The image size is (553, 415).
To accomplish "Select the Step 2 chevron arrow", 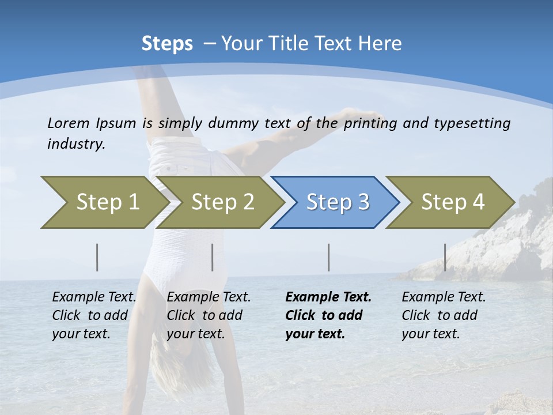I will [222, 202].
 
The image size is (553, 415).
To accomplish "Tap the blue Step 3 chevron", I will [337, 202].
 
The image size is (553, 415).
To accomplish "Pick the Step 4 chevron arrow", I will [452, 202].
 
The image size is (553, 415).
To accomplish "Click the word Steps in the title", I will [167, 44].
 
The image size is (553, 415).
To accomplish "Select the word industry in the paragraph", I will [76, 144].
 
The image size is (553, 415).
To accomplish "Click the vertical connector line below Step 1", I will [97, 257].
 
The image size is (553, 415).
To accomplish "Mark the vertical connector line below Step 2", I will [213, 257].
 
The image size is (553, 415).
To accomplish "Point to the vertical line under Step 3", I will [328, 257].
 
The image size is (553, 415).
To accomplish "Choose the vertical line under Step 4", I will [445, 257].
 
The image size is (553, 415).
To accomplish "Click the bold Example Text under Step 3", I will [328, 297].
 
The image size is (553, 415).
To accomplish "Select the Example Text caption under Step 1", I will [94, 297].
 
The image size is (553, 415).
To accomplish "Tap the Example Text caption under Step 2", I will [209, 297].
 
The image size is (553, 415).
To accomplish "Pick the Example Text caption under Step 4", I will [444, 297].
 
